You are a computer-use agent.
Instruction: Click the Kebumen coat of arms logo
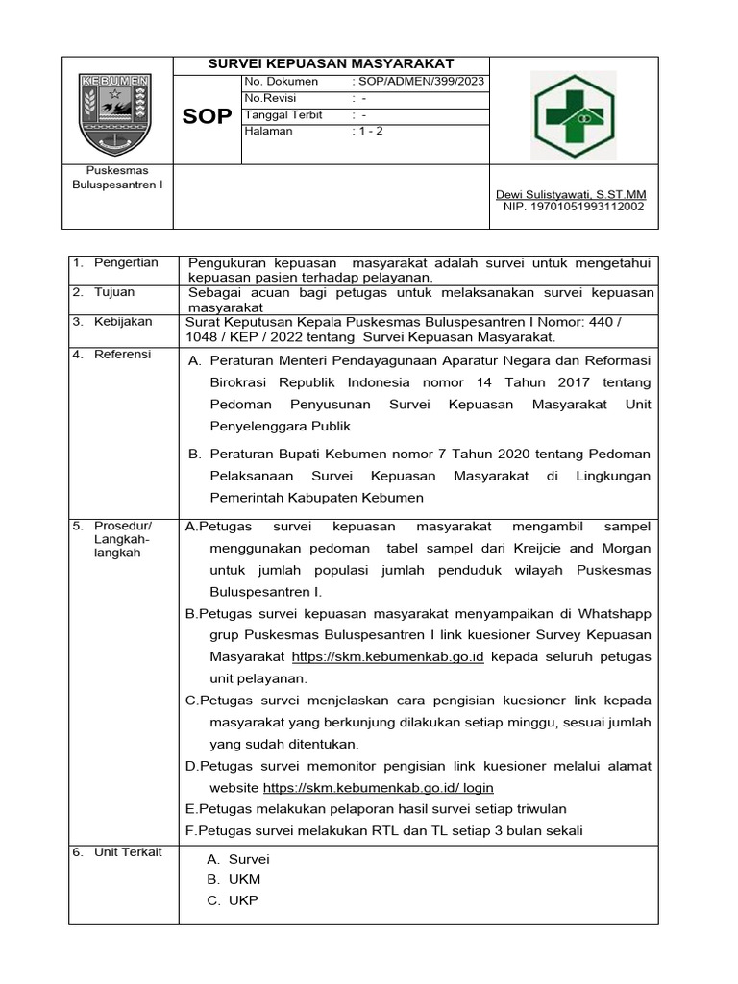click(114, 114)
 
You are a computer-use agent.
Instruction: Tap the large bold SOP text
click(207, 116)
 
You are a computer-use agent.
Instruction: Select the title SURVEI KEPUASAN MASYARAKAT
click(332, 63)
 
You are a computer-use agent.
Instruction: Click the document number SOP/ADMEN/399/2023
click(420, 82)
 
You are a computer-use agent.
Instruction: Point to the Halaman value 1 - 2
click(368, 131)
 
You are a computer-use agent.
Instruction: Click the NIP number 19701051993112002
click(574, 206)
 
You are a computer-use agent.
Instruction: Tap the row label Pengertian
click(125, 262)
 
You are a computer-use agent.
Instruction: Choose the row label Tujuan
click(114, 292)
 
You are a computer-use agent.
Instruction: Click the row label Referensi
click(122, 354)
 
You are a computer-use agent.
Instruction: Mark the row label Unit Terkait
click(128, 851)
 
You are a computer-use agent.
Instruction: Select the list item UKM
click(244, 879)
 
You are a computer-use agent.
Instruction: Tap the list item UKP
click(243, 900)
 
